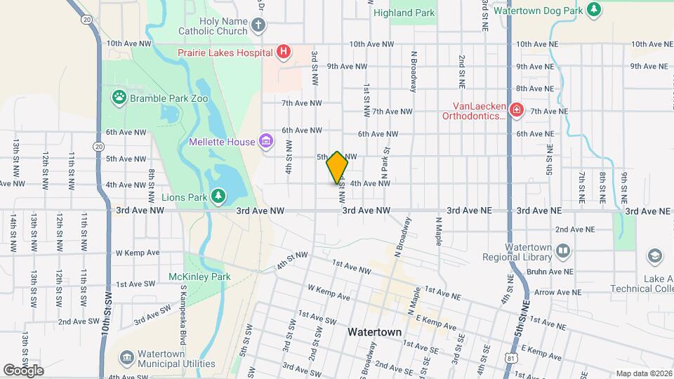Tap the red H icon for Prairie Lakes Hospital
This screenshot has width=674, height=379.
tap(283, 51)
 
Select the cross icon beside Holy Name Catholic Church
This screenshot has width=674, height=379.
tap(258, 26)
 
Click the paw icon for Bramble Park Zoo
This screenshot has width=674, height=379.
tap(119, 98)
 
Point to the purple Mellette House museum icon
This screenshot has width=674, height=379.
tap(265, 142)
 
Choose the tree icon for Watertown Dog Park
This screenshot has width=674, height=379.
tap(595, 10)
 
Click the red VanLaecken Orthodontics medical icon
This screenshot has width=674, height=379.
tap(516, 110)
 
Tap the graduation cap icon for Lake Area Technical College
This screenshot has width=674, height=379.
tap(654, 255)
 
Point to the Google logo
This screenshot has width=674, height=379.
tap(22, 371)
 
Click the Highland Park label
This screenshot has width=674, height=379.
tap(414, 13)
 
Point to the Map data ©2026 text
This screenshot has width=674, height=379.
tap(643, 373)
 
